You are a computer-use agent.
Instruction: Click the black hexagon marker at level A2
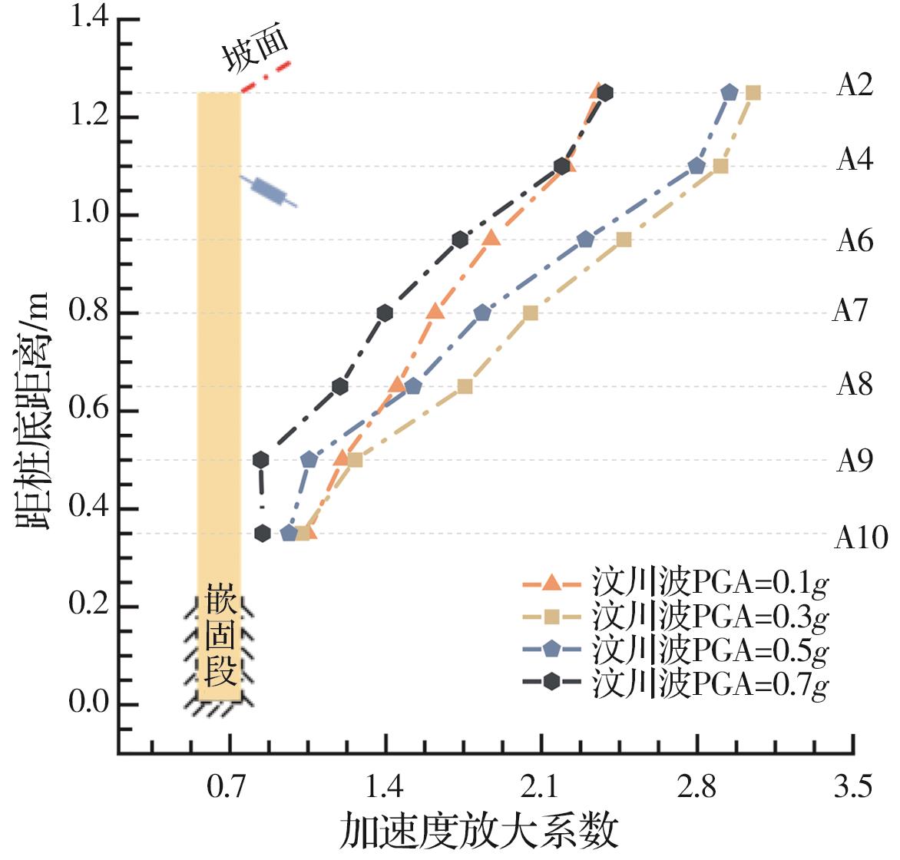tap(605, 93)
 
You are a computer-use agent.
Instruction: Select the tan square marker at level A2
tap(753, 93)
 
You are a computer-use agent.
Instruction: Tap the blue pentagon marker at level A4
tap(697, 166)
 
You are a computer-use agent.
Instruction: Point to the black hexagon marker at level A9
tap(261, 460)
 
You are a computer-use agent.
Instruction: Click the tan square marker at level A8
tap(465, 386)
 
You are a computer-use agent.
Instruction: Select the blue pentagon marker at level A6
tap(586, 240)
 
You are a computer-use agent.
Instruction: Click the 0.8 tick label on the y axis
tap(91, 313)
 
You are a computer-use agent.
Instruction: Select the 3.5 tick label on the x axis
tap(854, 788)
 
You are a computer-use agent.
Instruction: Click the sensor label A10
tap(860, 538)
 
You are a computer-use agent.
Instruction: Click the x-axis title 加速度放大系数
tap(479, 831)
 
